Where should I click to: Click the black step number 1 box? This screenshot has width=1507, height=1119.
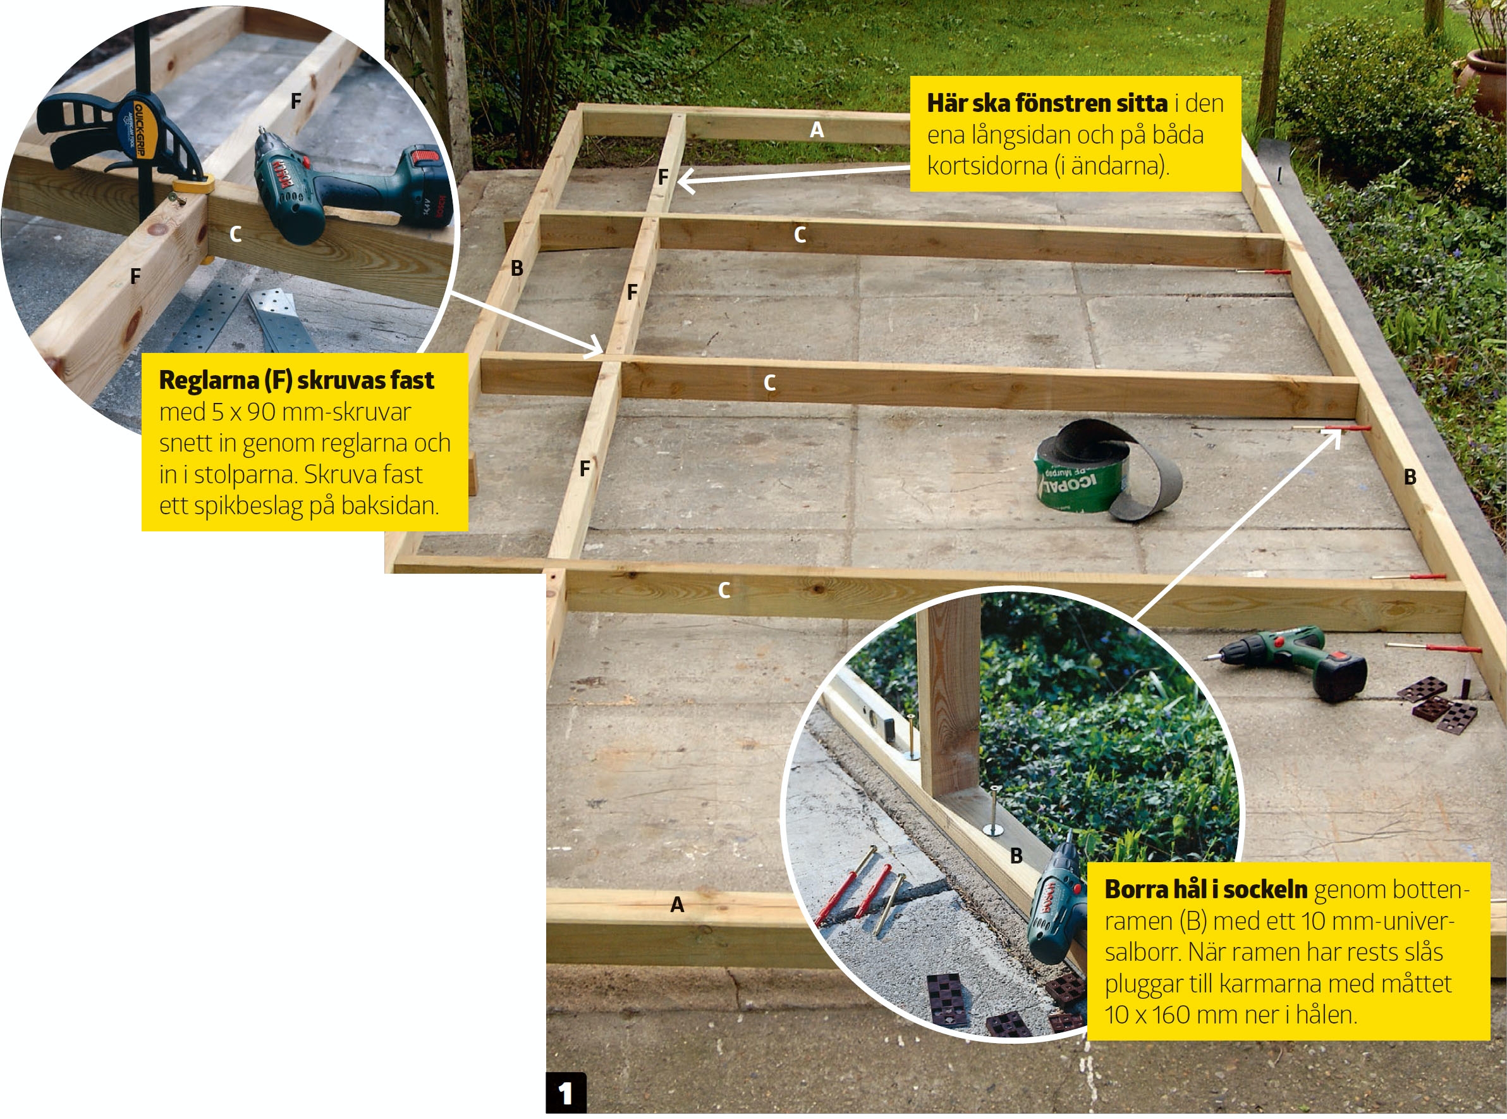tap(566, 1092)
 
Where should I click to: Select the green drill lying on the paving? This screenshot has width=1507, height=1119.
tap(1286, 660)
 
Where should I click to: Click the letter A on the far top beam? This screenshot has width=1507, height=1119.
tap(817, 130)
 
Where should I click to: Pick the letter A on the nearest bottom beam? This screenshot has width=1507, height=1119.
tap(677, 905)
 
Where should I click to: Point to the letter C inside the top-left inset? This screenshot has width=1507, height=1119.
tap(235, 235)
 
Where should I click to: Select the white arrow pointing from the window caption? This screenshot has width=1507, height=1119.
tap(793, 175)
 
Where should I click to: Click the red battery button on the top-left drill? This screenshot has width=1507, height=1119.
tap(426, 156)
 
